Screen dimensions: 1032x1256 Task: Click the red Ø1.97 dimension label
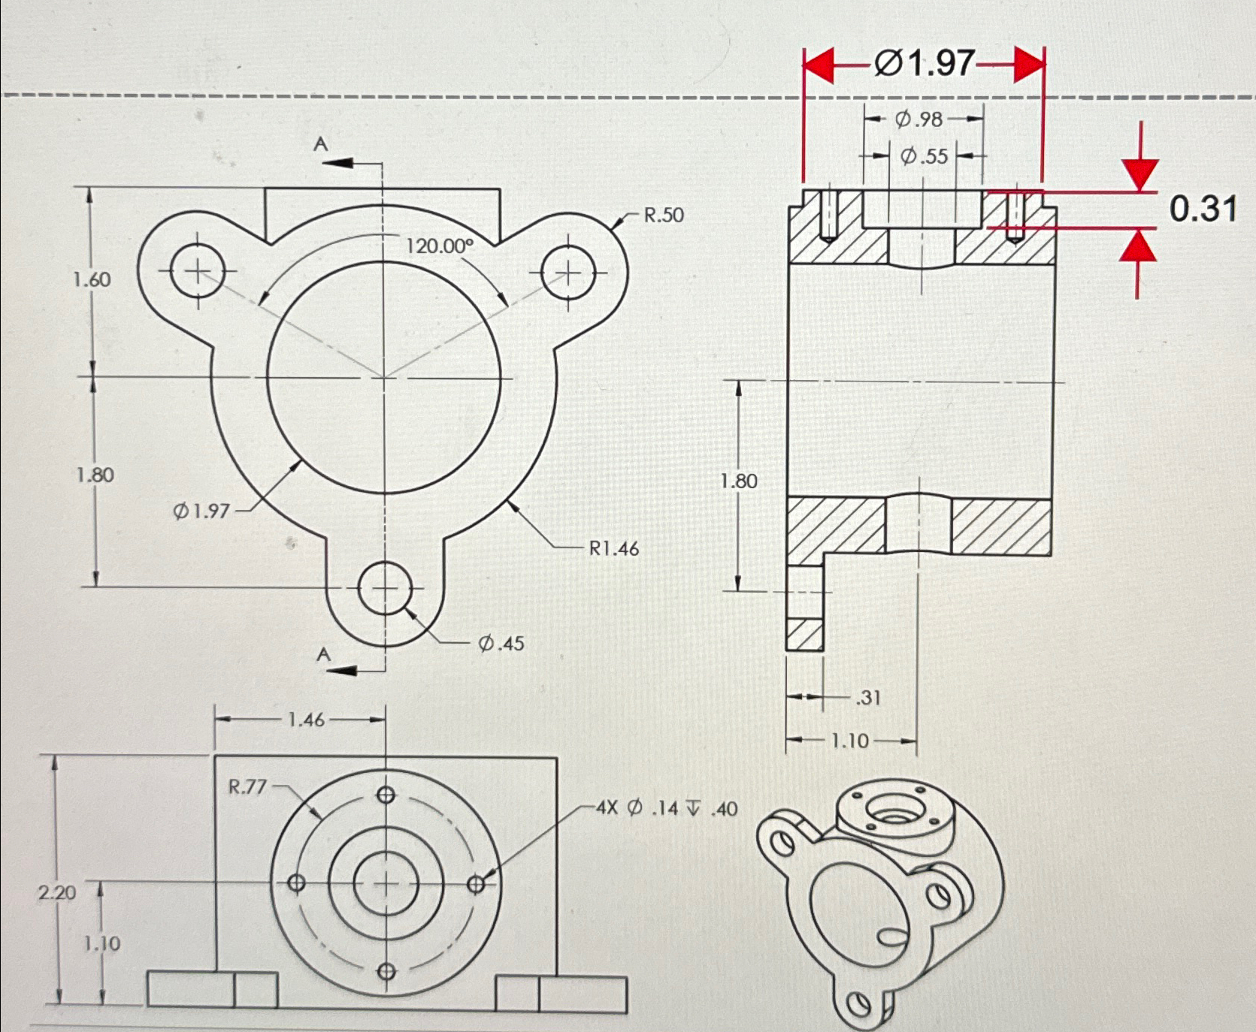[x=924, y=64]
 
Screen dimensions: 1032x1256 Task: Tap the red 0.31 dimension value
[x=1203, y=208]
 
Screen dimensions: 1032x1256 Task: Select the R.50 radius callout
[x=663, y=216]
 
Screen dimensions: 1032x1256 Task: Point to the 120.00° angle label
[x=440, y=246]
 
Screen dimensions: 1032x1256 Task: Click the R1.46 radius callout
[x=613, y=549]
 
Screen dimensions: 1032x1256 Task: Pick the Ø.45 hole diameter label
[x=501, y=644]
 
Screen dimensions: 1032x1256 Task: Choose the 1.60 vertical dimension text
[x=92, y=280]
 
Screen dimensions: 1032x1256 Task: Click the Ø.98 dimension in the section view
[x=919, y=119]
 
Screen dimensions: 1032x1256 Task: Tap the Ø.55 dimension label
[x=924, y=157]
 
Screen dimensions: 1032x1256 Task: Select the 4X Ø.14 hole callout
[x=666, y=809]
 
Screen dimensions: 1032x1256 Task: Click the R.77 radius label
[x=247, y=787]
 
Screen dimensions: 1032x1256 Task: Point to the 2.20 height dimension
[x=57, y=893]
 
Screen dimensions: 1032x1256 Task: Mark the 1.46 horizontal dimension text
[x=306, y=720]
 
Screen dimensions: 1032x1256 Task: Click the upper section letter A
[x=321, y=143]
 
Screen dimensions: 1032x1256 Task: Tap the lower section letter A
[x=323, y=655]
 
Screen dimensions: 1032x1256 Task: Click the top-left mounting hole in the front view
[x=198, y=271]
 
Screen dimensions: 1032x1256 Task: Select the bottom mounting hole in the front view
[x=385, y=588]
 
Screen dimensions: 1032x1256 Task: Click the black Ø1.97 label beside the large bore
[x=201, y=511]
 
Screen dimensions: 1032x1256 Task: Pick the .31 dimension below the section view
[x=868, y=698]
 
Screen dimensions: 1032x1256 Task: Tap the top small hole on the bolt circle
[x=386, y=795]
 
